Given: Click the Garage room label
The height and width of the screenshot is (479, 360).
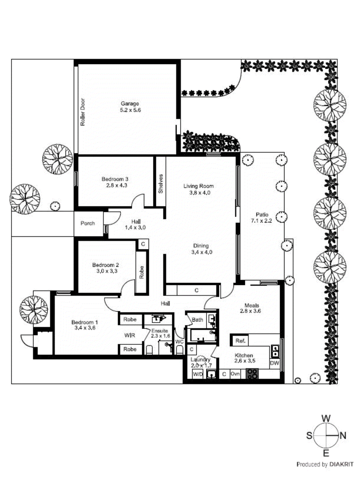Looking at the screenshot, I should pyautogui.click(x=130, y=104).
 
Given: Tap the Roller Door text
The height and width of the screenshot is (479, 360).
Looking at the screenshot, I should pyautogui.click(x=83, y=112).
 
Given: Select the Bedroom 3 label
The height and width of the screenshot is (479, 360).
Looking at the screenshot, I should pyautogui.click(x=115, y=179).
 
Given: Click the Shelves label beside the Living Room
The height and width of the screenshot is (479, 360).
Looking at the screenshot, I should pyautogui.click(x=161, y=184).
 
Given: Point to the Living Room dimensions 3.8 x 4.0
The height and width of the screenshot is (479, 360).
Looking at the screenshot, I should pyautogui.click(x=200, y=193).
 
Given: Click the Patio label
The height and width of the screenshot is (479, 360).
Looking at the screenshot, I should pyautogui.click(x=262, y=215).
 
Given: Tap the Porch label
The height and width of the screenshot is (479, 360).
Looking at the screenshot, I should pyautogui.click(x=87, y=223).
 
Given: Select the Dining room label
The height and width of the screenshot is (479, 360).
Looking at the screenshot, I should pyautogui.click(x=201, y=246).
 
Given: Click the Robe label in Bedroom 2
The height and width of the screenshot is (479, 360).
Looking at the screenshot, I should pyautogui.click(x=141, y=272).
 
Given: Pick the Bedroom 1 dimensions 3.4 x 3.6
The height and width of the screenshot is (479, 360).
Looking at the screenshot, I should pyautogui.click(x=85, y=328).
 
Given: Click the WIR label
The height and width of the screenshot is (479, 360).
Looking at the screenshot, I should pyautogui.click(x=130, y=336).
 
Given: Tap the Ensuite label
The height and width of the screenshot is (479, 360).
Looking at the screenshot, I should pyautogui.click(x=160, y=331).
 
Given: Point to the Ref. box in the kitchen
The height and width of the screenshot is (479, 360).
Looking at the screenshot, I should pyautogui.click(x=240, y=341).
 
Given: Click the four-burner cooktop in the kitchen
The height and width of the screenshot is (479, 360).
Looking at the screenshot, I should pyautogui.click(x=252, y=374).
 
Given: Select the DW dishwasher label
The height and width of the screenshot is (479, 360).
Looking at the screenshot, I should pyautogui.click(x=274, y=363).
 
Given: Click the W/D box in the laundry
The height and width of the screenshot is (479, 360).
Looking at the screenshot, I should pyautogui.click(x=198, y=374).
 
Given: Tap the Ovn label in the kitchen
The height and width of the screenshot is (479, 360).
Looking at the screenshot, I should pyautogui.click(x=235, y=374).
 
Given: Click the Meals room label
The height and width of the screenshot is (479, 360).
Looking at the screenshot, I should pyautogui.click(x=252, y=305).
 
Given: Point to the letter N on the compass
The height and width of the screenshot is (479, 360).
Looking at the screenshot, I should pyautogui.click(x=343, y=436).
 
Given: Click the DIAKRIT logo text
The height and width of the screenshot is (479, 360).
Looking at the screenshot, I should pyautogui.click(x=341, y=464).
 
